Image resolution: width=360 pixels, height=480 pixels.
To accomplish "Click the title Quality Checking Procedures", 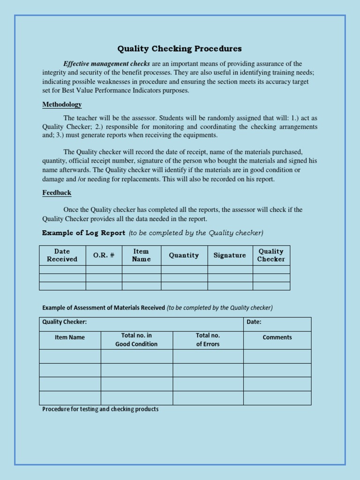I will click(x=180, y=49).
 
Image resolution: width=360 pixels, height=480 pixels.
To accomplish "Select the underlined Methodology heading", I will click(x=62, y=105).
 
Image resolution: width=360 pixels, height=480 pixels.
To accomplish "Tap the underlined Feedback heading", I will click(x=57, y=193).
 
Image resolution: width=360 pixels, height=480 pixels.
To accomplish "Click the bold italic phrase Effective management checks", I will click(x=106, y=64).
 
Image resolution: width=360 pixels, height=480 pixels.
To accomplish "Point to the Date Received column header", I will click(x=62, y=255).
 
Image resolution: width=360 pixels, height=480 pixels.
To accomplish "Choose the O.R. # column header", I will click(x=104, y=255).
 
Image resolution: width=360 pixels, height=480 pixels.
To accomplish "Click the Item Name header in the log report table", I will click(x=141, y=255).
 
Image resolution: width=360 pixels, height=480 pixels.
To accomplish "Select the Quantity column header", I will click(x=184, y=255).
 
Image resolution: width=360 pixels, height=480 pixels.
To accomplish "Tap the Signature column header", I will click(x=230, y=255).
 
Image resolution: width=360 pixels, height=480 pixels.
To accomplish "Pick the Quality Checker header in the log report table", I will click(x=271, y=255).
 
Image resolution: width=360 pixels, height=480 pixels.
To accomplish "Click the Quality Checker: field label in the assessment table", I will click(x=65, y=322).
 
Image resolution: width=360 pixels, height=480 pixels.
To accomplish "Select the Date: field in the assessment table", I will click(x=254, y=322).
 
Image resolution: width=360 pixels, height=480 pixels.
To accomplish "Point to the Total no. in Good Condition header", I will click(x=136, y=340).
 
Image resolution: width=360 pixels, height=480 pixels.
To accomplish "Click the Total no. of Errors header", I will click(x=208, y=340).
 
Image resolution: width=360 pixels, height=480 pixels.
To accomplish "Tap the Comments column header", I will click(x=277, y=337).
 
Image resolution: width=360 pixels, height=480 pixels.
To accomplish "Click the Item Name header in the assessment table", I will click(x=70, y=337).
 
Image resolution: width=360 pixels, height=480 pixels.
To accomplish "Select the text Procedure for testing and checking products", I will click(x=100, y=409).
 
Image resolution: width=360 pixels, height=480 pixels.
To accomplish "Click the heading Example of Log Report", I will click(x=83, y=233).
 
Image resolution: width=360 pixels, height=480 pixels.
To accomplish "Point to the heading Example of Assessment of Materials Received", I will click(x=104, y=308).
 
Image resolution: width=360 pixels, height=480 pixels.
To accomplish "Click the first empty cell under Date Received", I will click(x=62, y=270).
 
